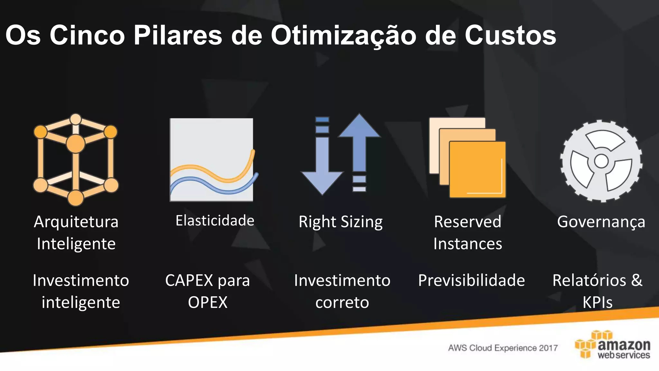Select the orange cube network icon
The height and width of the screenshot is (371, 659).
76,159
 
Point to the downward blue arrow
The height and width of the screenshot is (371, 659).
322,158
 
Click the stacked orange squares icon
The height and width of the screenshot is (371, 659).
468,157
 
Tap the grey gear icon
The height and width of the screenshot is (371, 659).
601,161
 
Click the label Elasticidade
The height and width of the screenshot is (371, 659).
215,221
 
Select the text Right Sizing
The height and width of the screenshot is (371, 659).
341,222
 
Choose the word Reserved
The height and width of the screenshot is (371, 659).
468,222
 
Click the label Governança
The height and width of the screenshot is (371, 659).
601,222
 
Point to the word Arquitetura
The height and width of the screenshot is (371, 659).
76,222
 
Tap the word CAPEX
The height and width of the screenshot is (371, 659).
189,280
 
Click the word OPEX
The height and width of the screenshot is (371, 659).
208,302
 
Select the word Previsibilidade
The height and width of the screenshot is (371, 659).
471,280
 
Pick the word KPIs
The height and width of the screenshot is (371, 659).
598,302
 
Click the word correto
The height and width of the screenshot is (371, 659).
342,302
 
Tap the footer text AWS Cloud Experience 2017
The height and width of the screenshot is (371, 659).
503,348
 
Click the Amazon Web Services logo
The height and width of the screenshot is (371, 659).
613,345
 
